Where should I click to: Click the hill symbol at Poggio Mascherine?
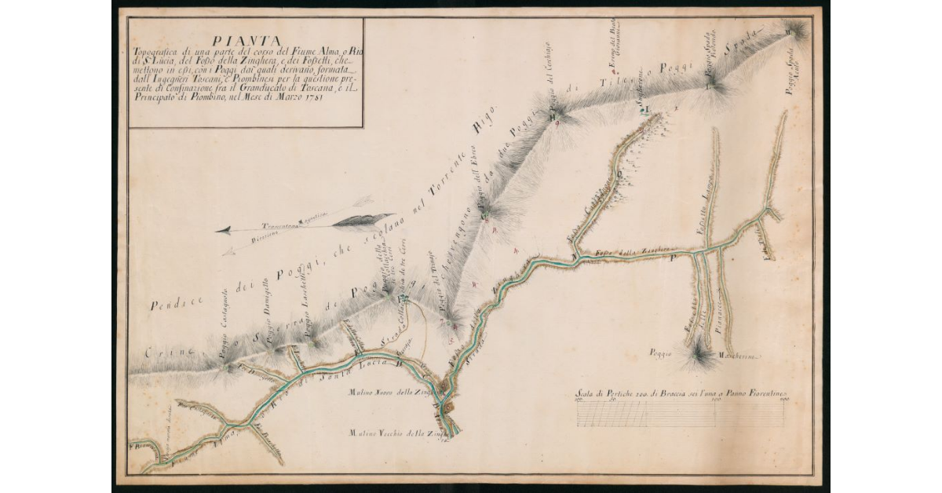pos(698,357)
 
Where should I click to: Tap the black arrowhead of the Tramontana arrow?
pos(223,230)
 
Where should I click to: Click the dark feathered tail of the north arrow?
pos(361,220)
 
